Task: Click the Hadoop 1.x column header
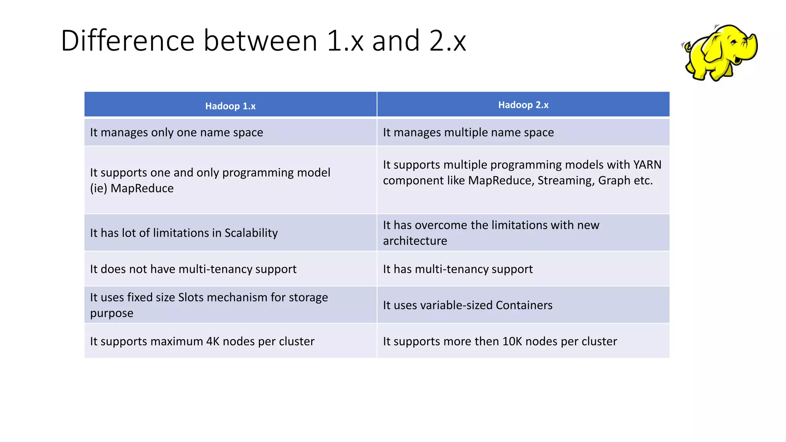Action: coord(230,106)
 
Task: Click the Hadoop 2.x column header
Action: coord(523,105)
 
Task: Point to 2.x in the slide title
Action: coord(447,41)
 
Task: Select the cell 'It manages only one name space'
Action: coord(177,132)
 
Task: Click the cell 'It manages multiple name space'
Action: coord(468,132)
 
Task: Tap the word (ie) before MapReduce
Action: coord(99,188)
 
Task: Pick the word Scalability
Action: coord(251,233)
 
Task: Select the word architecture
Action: coord(415,241)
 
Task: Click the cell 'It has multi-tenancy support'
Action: coord(457,269)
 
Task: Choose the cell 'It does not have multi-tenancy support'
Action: coord(193,269)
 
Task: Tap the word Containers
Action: coord(524,305)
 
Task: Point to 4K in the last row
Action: coord(213,341)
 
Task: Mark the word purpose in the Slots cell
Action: coord(112,313)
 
